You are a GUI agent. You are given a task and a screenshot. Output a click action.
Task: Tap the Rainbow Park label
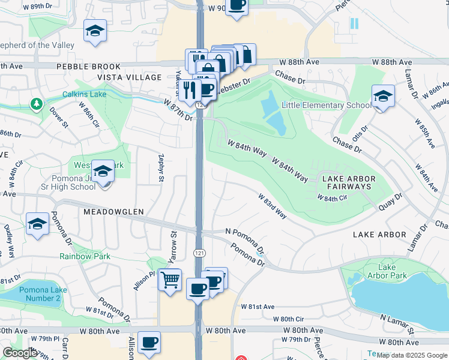[x=85, y=256]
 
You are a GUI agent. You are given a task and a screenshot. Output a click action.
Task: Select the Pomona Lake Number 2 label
[x=40, y=294]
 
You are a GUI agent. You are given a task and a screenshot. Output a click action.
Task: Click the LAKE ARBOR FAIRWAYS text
[x=349, y=183]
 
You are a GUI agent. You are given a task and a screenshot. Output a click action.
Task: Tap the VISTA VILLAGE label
[x=130, y=77]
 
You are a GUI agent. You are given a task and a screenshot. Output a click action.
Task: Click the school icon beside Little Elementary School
[x=383, y=96]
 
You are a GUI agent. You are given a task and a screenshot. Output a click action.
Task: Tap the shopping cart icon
[x=170, y=279]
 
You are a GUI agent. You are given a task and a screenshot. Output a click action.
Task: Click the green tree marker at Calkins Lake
[x=37, y=104]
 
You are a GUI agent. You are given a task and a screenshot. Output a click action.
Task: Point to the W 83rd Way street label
[x=272, y=205]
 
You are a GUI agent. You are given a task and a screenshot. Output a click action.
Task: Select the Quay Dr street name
[x=390, y=201]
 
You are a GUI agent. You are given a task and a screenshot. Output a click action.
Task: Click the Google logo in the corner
[x=20, y=353]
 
